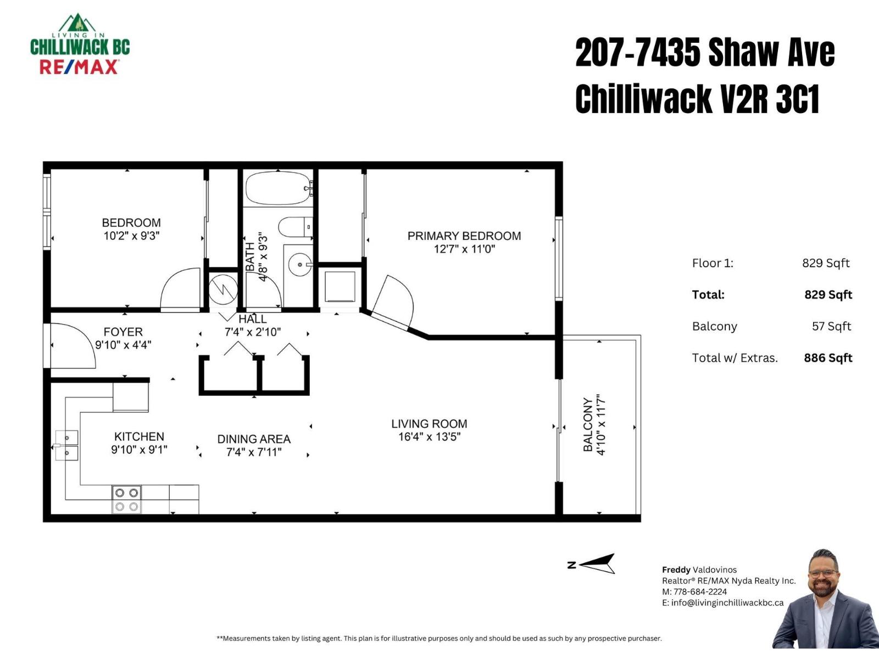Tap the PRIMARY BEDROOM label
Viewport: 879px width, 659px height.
point(464,236)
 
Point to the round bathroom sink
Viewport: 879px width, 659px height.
point(300,265)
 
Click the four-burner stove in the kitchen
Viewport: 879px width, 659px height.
point(126,499)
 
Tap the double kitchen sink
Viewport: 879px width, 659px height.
point(66,445)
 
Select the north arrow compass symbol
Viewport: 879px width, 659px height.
point(597,564)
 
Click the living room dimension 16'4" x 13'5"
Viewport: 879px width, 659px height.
point(429,437)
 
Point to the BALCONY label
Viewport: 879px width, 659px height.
point(588,425)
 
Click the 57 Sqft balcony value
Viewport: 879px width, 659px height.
point(831,326)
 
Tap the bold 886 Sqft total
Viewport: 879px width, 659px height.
point(828,358)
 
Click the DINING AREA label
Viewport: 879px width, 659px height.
point(254,439)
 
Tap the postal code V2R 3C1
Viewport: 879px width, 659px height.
point(770,99)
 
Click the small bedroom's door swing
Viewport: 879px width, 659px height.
point(181,289)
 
